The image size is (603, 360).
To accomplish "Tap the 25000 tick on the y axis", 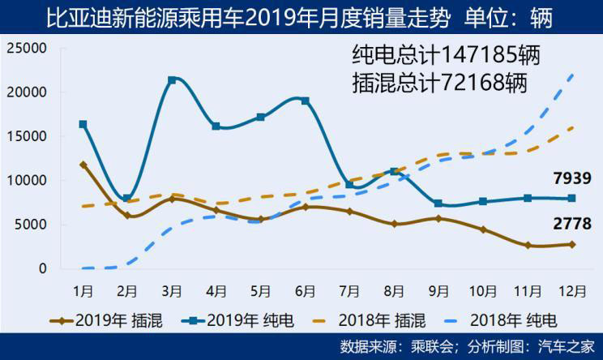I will pyautogui.click(x=28, y=49).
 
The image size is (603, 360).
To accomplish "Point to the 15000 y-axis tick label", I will pyautogui.click(x=28, y=136).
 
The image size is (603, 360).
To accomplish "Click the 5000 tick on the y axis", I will pyautogui.click(x=32, y=225).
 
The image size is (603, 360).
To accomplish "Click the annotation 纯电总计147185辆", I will pyautogui.click(x=446, y=56).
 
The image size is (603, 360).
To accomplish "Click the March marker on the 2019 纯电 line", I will pyautogui.click(x=172, y=80).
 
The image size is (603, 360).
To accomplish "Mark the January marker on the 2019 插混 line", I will pyautogui.click(x=83, y=165).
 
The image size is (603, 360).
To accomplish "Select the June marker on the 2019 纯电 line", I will pyautogui.click(x=305, y=101).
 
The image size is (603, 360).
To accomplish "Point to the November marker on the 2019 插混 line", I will pyautogui.click(x=527, y=245).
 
